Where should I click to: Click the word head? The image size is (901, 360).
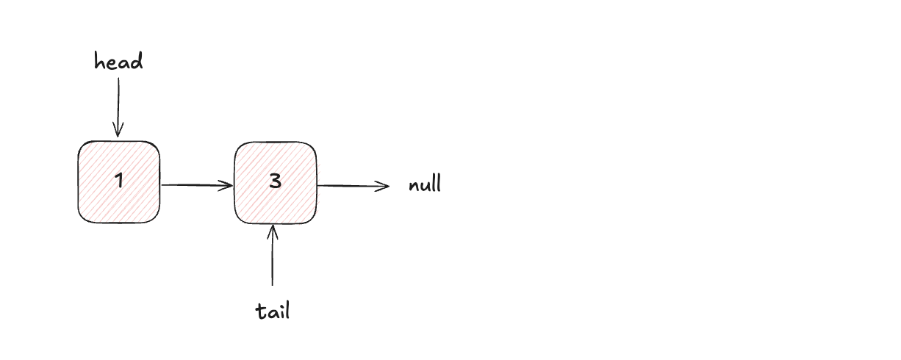tap(118, 61)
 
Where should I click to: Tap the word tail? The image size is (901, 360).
tap(273, 311)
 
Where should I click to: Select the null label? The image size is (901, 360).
tap(425, 184)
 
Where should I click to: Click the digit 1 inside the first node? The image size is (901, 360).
tap(118, 180)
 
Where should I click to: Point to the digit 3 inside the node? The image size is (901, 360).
tap(275, 181)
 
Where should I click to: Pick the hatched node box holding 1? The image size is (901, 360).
tap(119, 181)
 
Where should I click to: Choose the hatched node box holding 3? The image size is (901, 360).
tap(276, 183)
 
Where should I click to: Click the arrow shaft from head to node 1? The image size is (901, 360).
tap(118, 107)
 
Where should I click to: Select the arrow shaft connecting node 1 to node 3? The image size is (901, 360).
tap(197, 185)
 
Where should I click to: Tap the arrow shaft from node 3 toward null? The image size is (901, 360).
tap(353, 186)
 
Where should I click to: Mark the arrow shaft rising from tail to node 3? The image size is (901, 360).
tap(273, 256)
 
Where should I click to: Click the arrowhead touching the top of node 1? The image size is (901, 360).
tap(118, 130)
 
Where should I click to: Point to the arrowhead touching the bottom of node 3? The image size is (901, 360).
tap(273, 232)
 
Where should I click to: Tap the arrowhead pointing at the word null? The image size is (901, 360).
tap(382, 186)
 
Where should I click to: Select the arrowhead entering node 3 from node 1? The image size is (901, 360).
tap(226, 186)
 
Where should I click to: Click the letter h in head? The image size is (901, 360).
tap(99, 61)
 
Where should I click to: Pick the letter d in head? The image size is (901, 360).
tap(137, 61)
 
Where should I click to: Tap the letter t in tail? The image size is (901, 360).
tap(261, 311)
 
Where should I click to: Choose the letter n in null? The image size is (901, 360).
tap(414, 186)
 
